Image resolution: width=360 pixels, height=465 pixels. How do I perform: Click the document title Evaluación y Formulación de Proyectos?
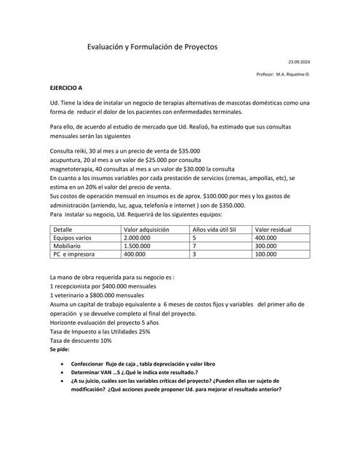152,46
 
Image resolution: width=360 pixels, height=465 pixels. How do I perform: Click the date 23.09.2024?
299,63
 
